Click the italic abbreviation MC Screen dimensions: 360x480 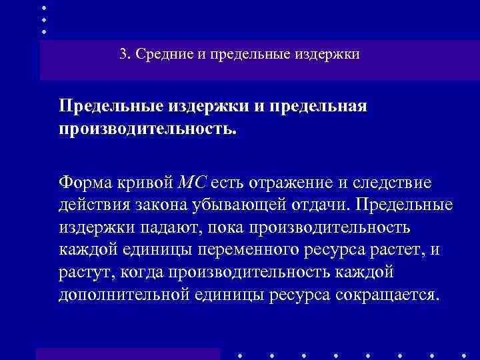click(x=194, y=181)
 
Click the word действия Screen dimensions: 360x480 click(x=92, y=204)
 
